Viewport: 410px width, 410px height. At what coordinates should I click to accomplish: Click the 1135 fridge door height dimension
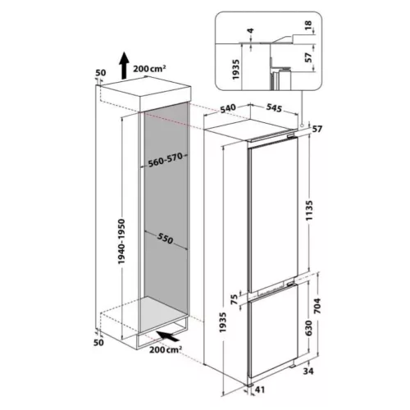pyautogui.click(x=309, y=211)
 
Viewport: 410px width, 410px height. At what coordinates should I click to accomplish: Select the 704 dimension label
pyautogui.click(x=318, y=306)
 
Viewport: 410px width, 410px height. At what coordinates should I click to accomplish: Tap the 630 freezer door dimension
pyautogui.click(x=309, y=328)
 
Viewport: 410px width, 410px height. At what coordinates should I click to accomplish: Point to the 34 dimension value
pyautogui.click(x=308, y=371)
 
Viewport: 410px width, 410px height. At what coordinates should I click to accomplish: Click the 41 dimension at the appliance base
pyautogui.click(x=259, y=389)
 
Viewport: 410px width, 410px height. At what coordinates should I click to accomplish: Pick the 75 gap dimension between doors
pyautogui.click(x=235, y=299)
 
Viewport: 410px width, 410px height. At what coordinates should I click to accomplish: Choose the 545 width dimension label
pyautogui.click(x=274, y=108)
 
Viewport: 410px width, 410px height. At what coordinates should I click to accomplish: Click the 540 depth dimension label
pyautogui.click(x=228, y=108)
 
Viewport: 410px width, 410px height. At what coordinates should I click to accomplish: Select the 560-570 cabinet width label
pyautogui.click(x=165, y=160)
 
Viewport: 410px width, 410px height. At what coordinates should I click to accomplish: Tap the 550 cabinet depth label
pyautogui.click(x=165, y=239)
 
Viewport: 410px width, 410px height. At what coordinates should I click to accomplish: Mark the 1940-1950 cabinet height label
pyautogui.click(x=121, y=241)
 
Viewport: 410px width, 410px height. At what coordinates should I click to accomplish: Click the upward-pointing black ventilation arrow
pyautogui.click(x=124, y=66)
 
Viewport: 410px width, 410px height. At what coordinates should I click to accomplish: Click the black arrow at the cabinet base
pyautogui.click(x=168, y=336)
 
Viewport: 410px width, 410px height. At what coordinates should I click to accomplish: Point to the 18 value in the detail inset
pyautogui.click(x=308, y=25)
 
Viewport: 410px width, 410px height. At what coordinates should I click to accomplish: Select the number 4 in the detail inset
pyautogui.click(x=251, y=30)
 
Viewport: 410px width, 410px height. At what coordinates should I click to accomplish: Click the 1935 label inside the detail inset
pyautogui.click(x=235, y=70)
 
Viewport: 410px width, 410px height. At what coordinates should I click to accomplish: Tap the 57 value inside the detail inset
pyautogui.click(x=308, y=57)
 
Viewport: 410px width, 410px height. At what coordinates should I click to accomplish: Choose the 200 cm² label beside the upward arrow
pyautogui.click(x=149, y=68)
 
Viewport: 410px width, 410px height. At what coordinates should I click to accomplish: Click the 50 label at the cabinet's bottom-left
pyautogui.click(x=98, y=342)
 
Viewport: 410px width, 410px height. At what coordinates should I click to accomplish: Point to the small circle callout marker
pyautogui.click(x=302, y=125)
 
